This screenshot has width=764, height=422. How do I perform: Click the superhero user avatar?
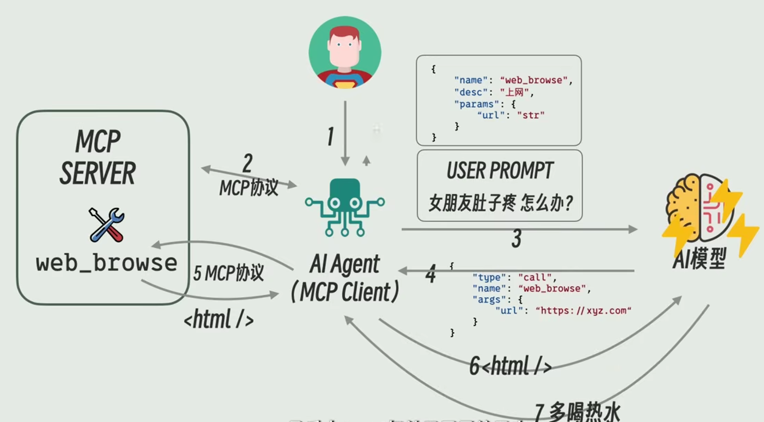point(345,52)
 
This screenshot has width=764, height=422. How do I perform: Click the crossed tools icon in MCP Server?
point(106,225)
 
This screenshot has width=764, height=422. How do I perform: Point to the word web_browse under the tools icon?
point(106,263)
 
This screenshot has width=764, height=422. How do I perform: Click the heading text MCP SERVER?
point(98,157)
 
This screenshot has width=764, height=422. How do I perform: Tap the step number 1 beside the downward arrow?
point(330,137)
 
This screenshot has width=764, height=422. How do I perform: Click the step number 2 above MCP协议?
point(247,163)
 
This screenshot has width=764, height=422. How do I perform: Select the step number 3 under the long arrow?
point(516,239)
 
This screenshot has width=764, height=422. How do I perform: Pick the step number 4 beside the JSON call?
point(430,274)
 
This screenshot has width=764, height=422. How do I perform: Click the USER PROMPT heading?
point(500,171)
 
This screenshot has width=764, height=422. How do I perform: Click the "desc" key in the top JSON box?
point(470,92)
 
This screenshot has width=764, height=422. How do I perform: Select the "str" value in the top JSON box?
point(530,115)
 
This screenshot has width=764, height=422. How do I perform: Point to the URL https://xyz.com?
point(583,310)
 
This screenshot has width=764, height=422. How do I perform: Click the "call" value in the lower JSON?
point(534,277)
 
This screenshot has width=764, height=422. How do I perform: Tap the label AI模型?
point(699,258)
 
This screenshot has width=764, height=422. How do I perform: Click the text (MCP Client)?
point(345,292)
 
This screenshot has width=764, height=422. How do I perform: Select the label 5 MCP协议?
point(229,273)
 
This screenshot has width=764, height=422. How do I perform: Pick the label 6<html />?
point(510,366)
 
